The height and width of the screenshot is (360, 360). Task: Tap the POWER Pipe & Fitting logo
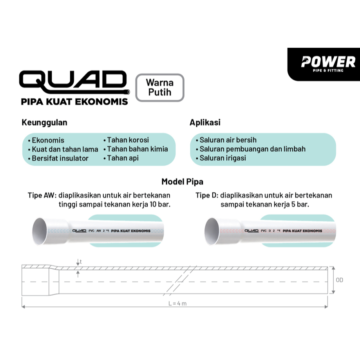328,63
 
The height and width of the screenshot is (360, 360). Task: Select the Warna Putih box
159,87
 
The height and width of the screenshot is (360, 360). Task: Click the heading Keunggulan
44,123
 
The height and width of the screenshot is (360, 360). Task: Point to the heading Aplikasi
205,123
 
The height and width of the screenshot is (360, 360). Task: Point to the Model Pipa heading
183,182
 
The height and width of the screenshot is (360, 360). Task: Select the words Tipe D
206,195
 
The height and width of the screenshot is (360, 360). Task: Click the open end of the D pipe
212,231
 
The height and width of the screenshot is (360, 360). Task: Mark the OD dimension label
339,280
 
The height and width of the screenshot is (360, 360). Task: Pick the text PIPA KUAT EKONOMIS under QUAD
74,102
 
